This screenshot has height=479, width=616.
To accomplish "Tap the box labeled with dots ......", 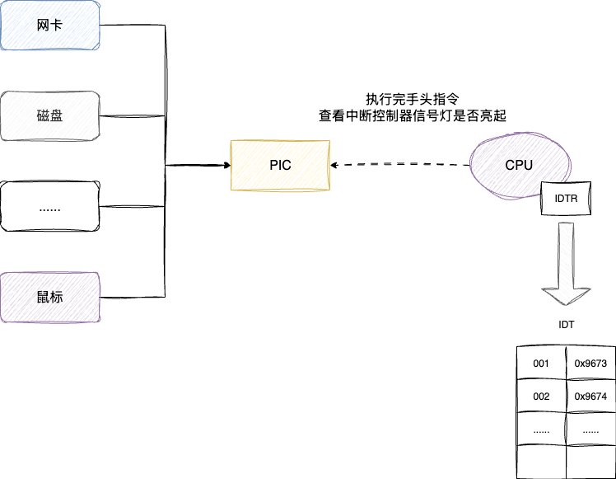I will [x=49, y=207].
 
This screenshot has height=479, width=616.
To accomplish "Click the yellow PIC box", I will [x=279, y=166].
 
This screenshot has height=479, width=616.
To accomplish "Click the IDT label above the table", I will [x=567, y=325].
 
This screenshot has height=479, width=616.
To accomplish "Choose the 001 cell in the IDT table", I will [x=541, y=363].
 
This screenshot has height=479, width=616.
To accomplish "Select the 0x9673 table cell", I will [x=590, y=363].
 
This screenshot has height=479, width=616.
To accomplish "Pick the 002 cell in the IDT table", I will [x=541, y=397].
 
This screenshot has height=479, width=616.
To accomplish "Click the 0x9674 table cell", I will [x=590, y=397].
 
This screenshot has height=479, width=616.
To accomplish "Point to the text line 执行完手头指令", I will [x=412, y=97].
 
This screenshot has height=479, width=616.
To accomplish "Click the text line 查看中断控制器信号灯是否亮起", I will [x=412, y=116].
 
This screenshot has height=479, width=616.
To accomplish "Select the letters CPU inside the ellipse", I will [x=519, y=165].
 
